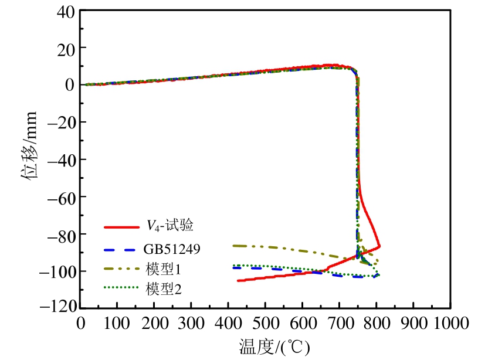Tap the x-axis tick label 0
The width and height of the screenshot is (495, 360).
(81, 323)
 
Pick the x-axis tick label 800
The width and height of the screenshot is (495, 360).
(376, 323)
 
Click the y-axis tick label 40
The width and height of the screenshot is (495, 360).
(66, 10)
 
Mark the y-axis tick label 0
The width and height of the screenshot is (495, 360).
(69, 84)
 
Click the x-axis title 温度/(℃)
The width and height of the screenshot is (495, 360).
(274, 347)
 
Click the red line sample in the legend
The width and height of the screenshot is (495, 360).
(120, 226)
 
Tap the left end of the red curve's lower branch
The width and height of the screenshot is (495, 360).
(238, 281)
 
